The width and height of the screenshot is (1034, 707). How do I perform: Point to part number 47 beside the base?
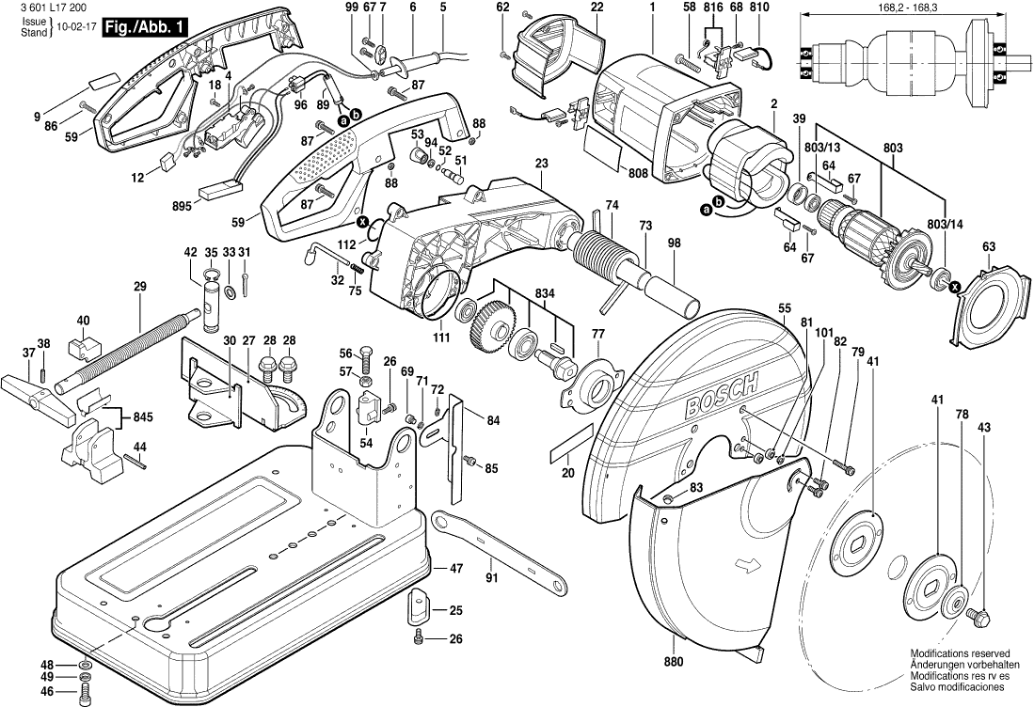pyautogui.click(x=456, y=569)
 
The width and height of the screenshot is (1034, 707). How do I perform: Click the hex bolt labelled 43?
pyautogui.click(x=979, y=619)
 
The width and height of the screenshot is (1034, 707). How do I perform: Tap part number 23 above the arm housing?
pyautogui.click(x=541, y=164)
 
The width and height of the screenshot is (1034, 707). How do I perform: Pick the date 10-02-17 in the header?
pyautogui.click(x=73, y=28)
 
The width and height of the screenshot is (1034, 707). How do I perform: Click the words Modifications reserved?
pyautogui.click(x=959, y=652)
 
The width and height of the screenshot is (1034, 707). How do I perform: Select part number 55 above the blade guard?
pyautogui.click(x=785, y=307)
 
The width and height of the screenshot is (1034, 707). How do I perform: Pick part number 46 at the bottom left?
pyautogui.click(x=46, y=691)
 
